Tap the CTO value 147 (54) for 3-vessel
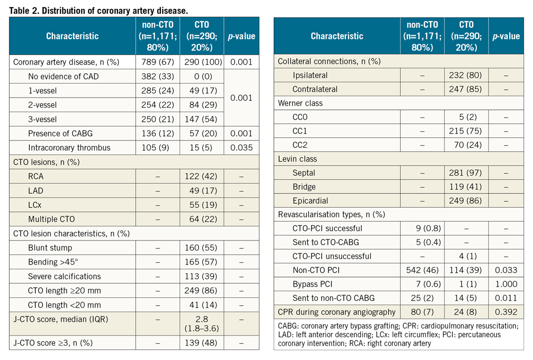click(x=202, y=120)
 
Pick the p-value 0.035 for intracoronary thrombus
click(x=241, y=148)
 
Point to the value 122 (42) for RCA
click(x=202, y=176)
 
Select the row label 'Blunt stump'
click(x=50, y=248)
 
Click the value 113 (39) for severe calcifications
click(x=202, y=276)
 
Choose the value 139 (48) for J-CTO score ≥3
click(x=202, y=343)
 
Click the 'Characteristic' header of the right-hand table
click(x=337, y=36)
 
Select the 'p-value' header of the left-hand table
click(x=241, y=36)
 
